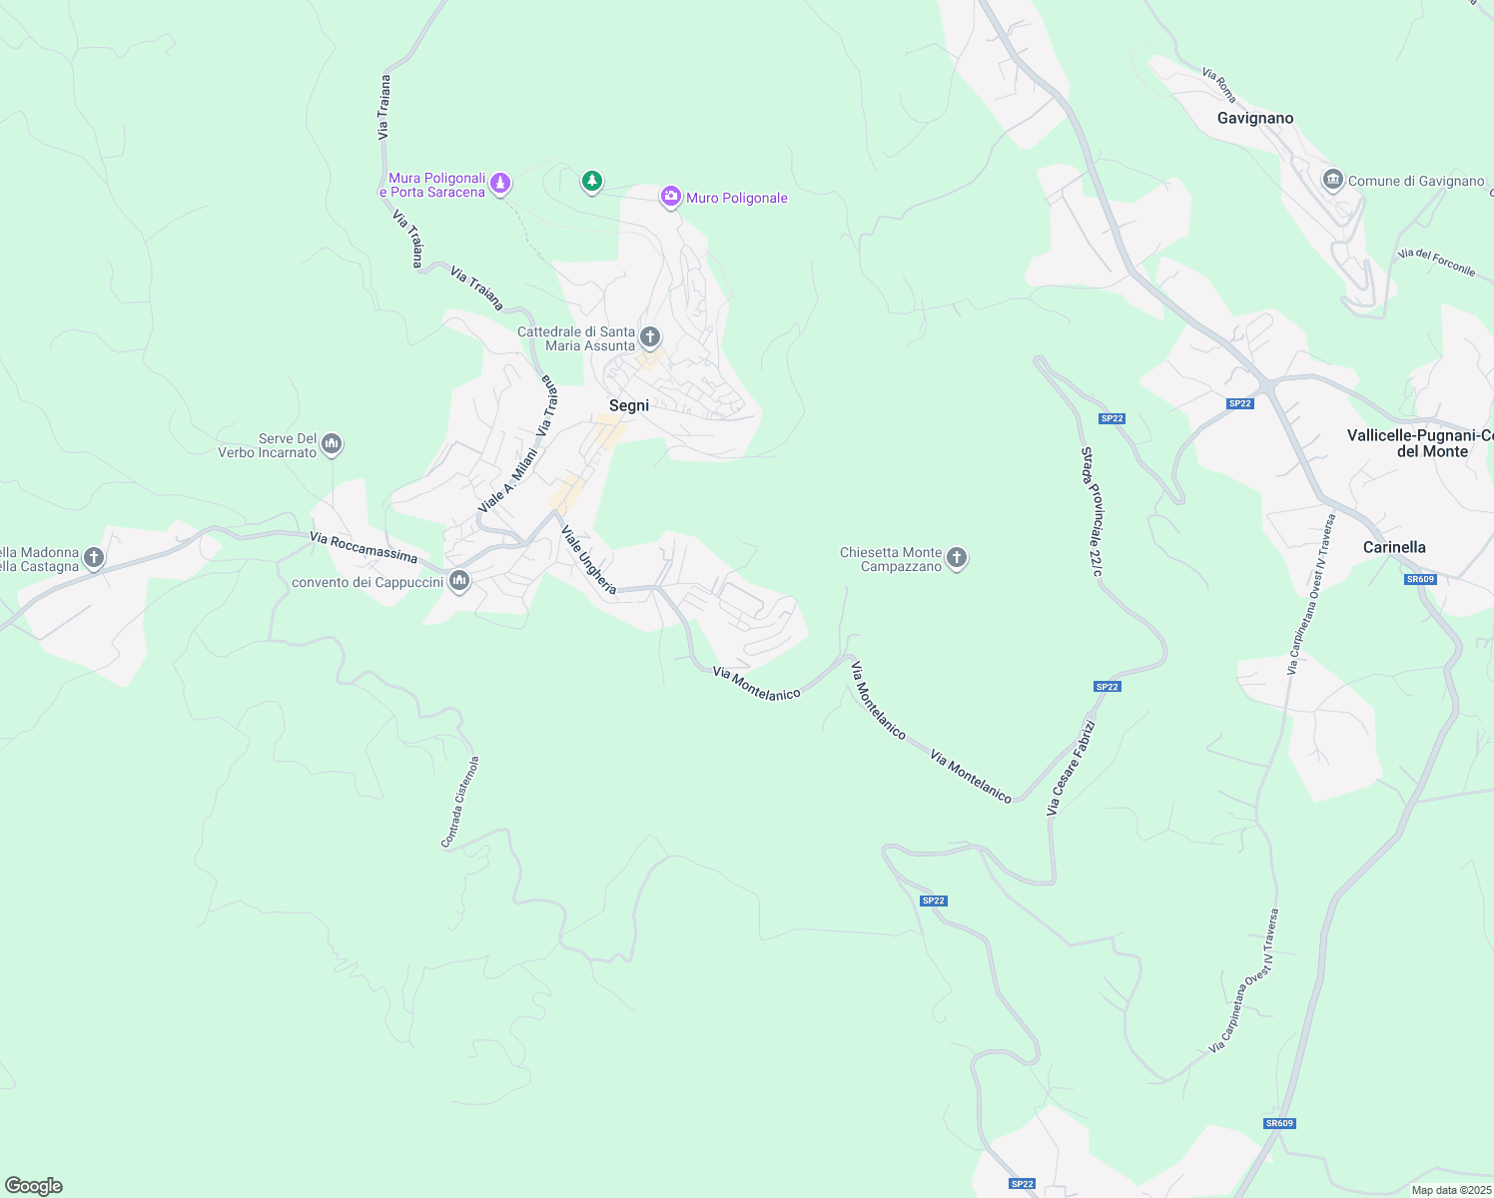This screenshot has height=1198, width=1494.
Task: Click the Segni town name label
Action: pyautogui.click(x=629, y=405)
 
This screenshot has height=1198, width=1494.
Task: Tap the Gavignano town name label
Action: pyautogui.click(x=1255, y=118)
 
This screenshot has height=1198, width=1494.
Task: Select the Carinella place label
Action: pyautogui.click(x=1394, y=547)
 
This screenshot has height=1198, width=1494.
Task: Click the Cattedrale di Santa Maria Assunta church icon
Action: pyautogui.click(x=650, y=336)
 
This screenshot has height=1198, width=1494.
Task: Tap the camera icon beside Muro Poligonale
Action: pyautogui.click(x=671, y=197)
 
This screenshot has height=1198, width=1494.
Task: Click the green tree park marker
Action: pyautogui.click(x=592, y=181)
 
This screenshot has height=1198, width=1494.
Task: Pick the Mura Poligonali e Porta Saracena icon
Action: pyautogui.click(x=500, y=183)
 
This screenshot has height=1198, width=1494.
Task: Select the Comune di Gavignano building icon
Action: pyautogui.click(x=1332, y=180)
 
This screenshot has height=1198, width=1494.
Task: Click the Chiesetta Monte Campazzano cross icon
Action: pyautogui.click(x=957, y=558)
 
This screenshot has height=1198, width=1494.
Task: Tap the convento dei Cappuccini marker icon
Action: pyautogui.click(x=459, y=580)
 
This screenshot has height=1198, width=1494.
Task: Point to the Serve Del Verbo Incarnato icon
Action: pyautogui.click(x=332, y=443)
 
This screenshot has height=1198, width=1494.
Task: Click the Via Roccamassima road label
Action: pyautogui.click(x=364, y=547)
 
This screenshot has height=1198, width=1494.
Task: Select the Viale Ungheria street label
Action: pyautogui.click(x=588, y=560)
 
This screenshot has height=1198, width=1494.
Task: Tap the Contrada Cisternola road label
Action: pyautogui.click(x=460, y=802)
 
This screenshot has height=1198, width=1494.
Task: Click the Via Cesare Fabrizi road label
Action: pyautogui.click(x=1071, y=768)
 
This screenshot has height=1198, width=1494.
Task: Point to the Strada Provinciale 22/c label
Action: pyautogui.click(x=1092, y=511)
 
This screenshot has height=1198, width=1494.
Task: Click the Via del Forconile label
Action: pyautogui.click(x=1436, y=262)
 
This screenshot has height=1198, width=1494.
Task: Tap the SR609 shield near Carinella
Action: pyautogui.click(x=1419, y=579)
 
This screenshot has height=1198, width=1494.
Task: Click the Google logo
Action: pyautogui.click(x=34, y=1186)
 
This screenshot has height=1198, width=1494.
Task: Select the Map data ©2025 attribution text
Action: pyautogui.click(x=1449, y=1190)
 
